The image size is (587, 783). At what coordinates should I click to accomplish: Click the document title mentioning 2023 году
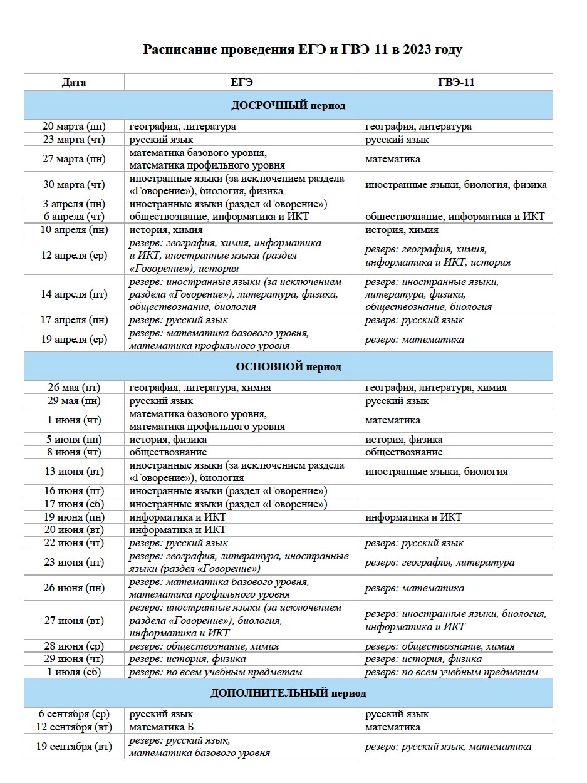[x=303, y=49]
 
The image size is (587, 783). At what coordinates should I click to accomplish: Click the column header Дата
[x=74, y=82]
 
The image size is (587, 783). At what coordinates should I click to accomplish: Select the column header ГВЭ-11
[x=456, y=82]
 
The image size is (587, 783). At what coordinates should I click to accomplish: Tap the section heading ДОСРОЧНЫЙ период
[x=288, y=105]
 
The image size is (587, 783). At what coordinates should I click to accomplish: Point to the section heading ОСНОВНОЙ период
[x=288, y=366]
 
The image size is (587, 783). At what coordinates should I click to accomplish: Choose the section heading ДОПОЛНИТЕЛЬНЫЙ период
[x=288, y=693]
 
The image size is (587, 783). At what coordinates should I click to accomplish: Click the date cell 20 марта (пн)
[x=74, y=127]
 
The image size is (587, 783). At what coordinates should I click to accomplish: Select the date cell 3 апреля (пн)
[x=74, y=204]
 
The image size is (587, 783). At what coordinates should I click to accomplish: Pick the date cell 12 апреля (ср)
[x=74, y=256]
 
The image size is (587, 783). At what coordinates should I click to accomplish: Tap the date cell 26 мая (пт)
[x=74, y=388]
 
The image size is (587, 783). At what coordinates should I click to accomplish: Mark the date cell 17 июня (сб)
[x=74, y=504]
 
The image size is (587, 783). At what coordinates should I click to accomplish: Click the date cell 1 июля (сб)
[x=74, y=672]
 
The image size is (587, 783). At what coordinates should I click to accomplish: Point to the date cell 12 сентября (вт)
[x=74, y=727]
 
